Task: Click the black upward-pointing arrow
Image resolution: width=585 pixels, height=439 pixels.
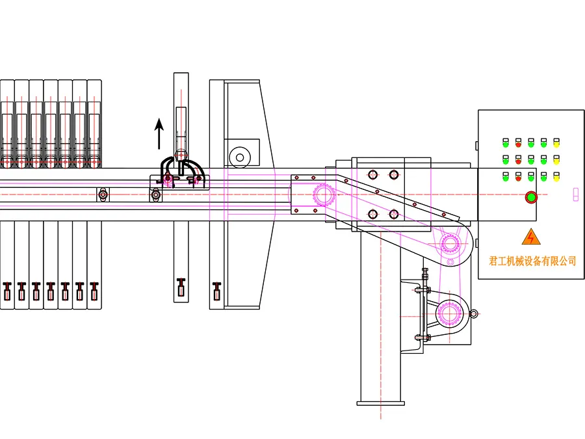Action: click(x=159, y=134)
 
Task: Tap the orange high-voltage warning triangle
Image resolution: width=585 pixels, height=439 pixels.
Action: click(x=532, y=237)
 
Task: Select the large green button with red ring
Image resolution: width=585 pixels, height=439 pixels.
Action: click(x=531, y=196)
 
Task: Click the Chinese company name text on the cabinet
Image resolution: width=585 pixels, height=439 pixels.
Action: click(x=532, y=261)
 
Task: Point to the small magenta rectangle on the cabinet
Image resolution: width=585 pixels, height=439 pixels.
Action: click(x=575, y=194)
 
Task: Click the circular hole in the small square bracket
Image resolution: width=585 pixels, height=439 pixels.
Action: click(x=240, y=156)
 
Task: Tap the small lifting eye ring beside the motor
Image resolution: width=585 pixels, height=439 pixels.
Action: click(x=474, y=315)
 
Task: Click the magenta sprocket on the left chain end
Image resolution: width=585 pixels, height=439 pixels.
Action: click(x=322, y=194)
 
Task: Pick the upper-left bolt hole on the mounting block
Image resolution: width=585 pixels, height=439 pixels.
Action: click(x=372, y=174)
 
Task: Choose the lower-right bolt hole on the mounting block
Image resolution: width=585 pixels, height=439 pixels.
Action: click(x=393, y=214)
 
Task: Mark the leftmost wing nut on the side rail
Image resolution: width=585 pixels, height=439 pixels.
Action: click(x=103, y=194)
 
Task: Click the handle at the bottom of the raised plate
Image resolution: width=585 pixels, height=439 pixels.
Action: click(x=181, y=286)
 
